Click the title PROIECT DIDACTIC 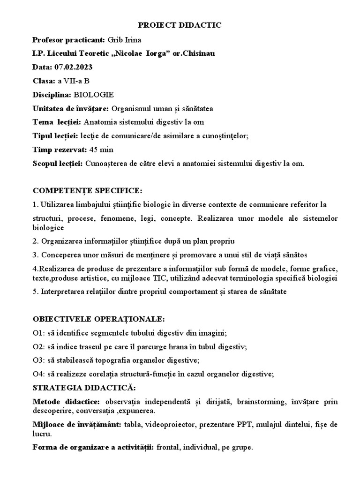point(180,26)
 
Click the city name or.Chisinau point(195,53)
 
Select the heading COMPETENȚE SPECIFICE point(87,191)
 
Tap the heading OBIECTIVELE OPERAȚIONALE point(98,319)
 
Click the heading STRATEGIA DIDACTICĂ point(84,388)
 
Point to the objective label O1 point(37,333)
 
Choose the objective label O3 point(37,360)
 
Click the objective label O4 point(37,374)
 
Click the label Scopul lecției point(58,164)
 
